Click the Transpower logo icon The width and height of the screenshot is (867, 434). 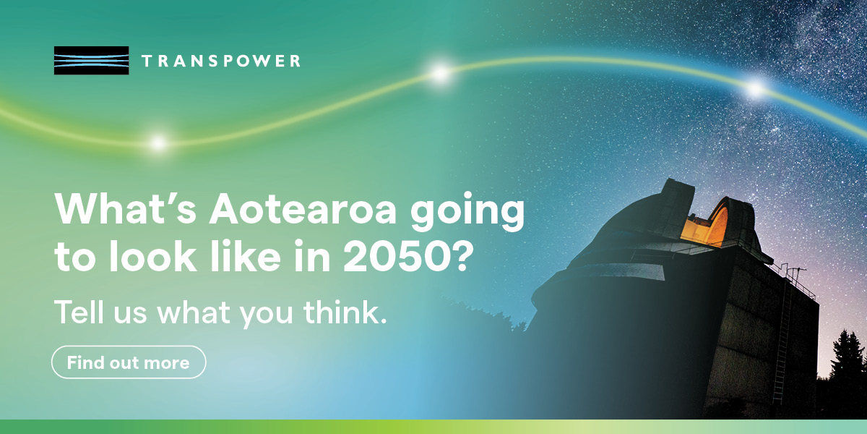click(91, 61)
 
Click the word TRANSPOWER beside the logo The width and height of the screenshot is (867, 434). click(221, 61)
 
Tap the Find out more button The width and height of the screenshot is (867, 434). click(129, 362)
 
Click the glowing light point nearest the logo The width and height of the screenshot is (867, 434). click(158, 143)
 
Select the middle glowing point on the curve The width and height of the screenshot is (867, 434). click(440, 72)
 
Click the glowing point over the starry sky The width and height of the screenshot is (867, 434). click(755, 89)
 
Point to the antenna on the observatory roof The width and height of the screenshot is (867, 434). click(795, 274)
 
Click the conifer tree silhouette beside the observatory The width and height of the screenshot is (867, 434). click(848, 357)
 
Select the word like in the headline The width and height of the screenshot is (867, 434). click(245, 256)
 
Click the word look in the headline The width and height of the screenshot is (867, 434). click(153, 256)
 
